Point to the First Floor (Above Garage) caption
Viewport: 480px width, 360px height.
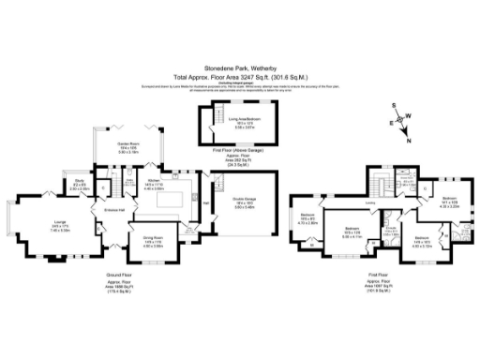[x=231, y=149]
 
